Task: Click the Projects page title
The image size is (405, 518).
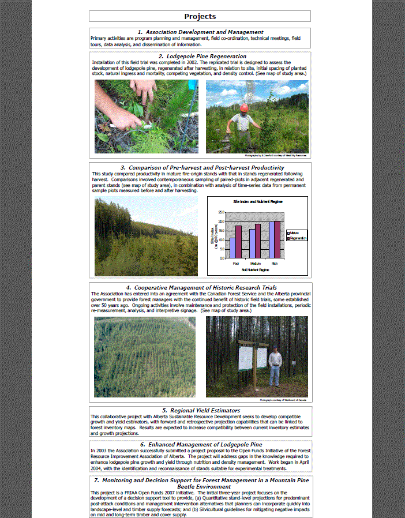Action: click(200, 17)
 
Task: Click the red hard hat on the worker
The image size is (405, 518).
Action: click(245, 107)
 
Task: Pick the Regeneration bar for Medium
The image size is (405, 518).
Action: click(258, 241)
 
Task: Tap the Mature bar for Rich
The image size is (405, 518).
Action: click(271, 240)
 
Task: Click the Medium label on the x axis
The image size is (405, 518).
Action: click(254, 263)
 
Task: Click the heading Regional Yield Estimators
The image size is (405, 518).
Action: click(201, 410)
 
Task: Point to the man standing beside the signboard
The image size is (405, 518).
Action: click(275, 366)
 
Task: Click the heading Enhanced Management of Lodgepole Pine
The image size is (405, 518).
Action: click(201, 445)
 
